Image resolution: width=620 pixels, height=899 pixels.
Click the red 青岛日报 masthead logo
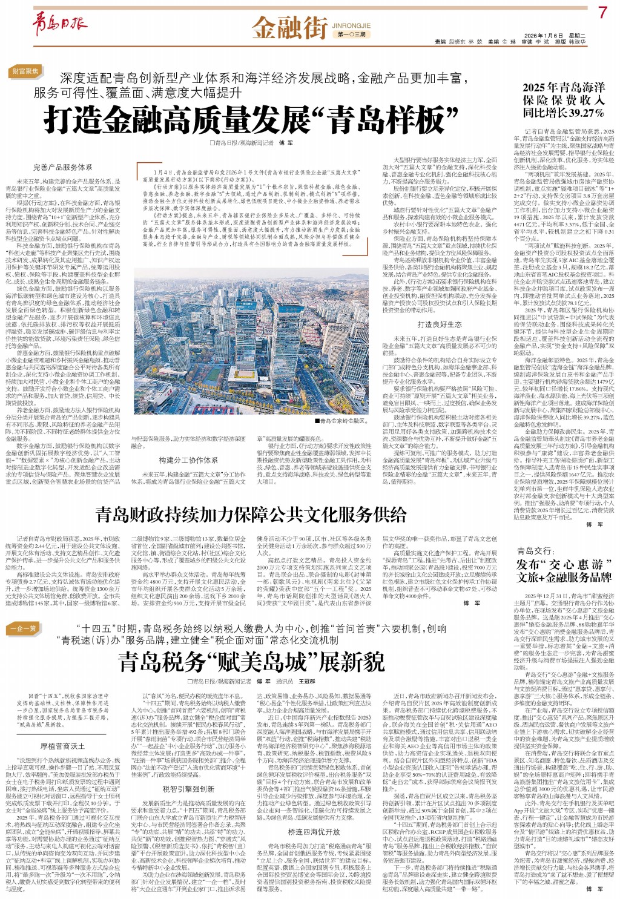(59, 23)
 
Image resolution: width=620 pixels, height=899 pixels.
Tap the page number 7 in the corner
(602, 13)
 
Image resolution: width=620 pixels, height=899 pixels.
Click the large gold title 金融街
(290, 27)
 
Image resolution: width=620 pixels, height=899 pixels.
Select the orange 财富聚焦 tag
(26, 71)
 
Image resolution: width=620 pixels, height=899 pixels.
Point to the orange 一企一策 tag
(24, 628)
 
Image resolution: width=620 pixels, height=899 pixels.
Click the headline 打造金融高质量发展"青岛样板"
(253, 119)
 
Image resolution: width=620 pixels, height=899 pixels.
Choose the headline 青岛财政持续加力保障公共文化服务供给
(250, 515)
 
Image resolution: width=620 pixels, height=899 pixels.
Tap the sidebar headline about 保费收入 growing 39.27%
(563, 100)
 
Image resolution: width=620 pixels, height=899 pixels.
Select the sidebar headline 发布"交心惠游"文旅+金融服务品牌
(564, 571)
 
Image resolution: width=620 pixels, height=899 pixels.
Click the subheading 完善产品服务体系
(63, 167)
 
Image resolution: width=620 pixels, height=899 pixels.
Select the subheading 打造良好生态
(439, 324)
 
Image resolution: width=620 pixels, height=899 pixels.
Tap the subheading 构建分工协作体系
(188, 460)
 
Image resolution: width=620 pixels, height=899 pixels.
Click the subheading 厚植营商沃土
(63, 746)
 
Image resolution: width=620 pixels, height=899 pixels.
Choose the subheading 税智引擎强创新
(188, 789)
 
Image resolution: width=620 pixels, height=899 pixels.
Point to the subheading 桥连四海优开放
(314, 831)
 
